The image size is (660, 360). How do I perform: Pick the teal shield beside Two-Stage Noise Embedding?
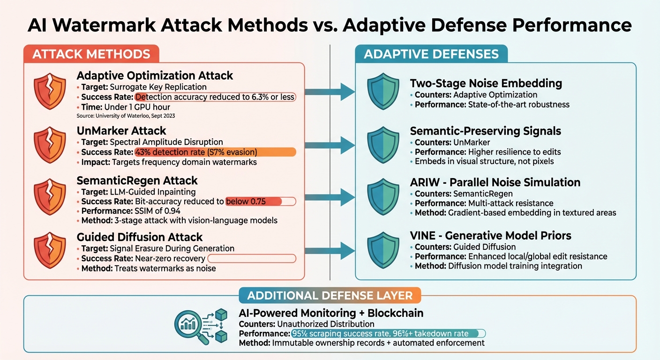pos(383,92)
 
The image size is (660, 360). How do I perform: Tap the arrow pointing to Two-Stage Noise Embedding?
pos(330,92)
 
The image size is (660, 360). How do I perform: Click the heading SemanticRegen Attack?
pos(137,180)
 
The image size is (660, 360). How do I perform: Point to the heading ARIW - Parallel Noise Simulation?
pos(495,182)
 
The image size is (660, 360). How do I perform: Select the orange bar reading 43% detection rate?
pos(215,152)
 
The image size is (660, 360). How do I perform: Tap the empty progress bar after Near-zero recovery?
pos(251,258)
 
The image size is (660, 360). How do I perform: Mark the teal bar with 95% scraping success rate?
pos(388,334)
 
